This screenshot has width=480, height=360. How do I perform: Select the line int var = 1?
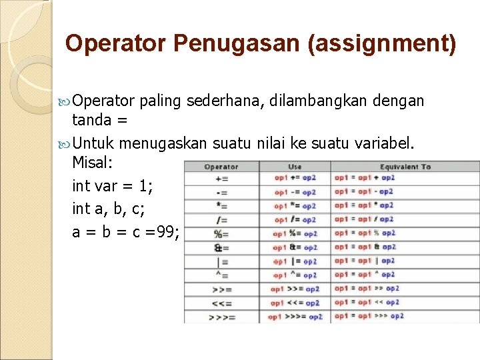(112, 187)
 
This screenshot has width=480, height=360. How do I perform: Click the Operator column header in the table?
(221, 167)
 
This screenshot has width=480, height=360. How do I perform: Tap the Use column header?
(295, 167)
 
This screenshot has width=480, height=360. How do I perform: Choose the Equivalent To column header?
(405, 167)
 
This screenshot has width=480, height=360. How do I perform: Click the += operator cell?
(222, 179)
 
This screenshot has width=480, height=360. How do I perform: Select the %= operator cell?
(221, 234)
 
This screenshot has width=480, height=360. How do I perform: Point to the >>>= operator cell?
(222, 317)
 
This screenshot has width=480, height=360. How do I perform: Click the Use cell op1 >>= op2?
(295, 289)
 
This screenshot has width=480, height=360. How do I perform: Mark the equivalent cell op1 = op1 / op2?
(364, 219)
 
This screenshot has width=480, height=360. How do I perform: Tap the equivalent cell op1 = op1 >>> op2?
(369, 316)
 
